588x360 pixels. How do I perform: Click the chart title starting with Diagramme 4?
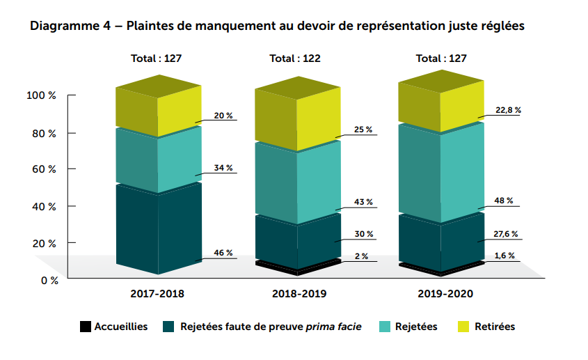pyautogui.click(x=276, y=27)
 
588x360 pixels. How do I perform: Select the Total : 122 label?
pyautogui.click(x=295, y=58)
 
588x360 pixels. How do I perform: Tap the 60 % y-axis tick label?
pyautogui.click(x=44, y=169)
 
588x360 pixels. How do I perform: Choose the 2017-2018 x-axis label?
pyautogui.click(x=157, y=294)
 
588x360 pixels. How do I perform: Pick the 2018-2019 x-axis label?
pyautogui.click(x=299, y=294)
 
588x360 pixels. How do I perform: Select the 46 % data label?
pyautogui.click(x=223, y=253)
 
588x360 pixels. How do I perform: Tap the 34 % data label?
pyautogui.click(x=223, y=168)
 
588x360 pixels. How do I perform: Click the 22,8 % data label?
pyautogui.click(x=508, y=110)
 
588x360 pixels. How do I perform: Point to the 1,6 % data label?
pyautogui.click(x=505, y=256)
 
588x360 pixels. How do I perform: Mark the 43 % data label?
pyautogui.click(x=364, y=202)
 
